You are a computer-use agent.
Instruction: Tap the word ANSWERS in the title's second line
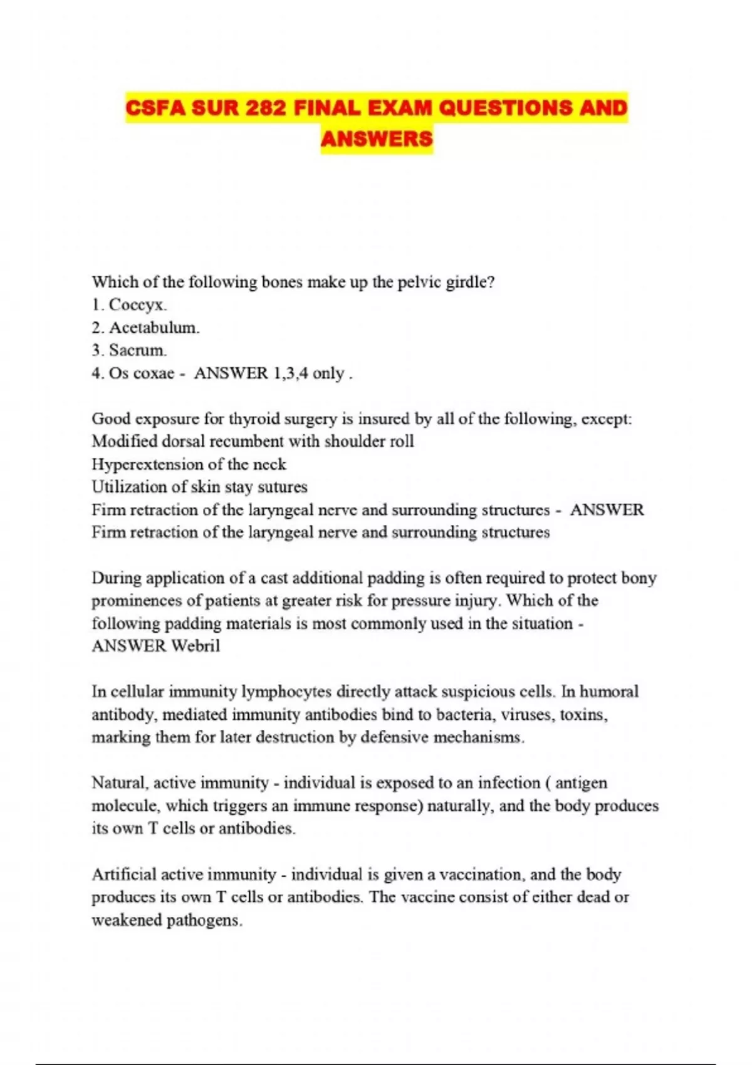(x=377, y=139)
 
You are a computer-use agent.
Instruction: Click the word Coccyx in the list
(x=137, y=305)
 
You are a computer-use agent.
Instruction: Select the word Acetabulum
(x=154, y=328)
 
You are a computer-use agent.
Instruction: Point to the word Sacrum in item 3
(x=137, y=350)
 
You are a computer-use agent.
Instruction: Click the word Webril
(x=196, y=646)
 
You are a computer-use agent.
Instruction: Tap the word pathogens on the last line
(x=204, y=920)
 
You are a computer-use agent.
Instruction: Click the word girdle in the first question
(x=469, y=283)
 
